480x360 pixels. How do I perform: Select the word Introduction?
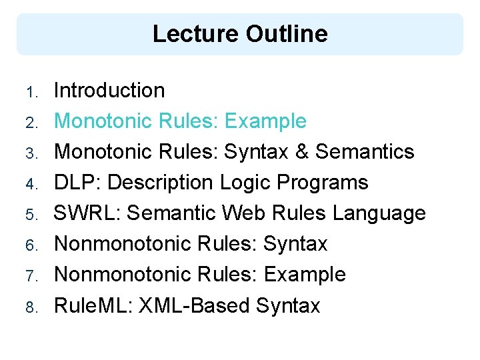coord(109,91)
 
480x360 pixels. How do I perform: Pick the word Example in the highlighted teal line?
coord(265,121)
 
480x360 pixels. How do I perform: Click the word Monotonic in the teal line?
coord(104,121)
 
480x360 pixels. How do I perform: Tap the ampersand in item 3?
coord(302,152)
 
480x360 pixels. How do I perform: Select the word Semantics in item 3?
coord(365,152)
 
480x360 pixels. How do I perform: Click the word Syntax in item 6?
coord(295,244)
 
